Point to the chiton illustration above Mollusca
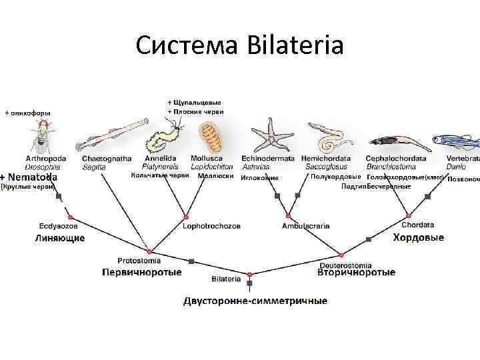point(212,137)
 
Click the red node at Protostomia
point(150,251)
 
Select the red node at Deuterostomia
point(341,253)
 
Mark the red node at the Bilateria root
point(249,273)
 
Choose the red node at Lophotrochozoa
point(186,218)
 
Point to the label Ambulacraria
point(305,226)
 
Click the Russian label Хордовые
point(418,237)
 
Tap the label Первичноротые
point(141,272)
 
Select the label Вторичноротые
point(356,272)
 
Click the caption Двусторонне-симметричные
point(255,301)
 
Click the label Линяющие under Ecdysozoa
point(60,238)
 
